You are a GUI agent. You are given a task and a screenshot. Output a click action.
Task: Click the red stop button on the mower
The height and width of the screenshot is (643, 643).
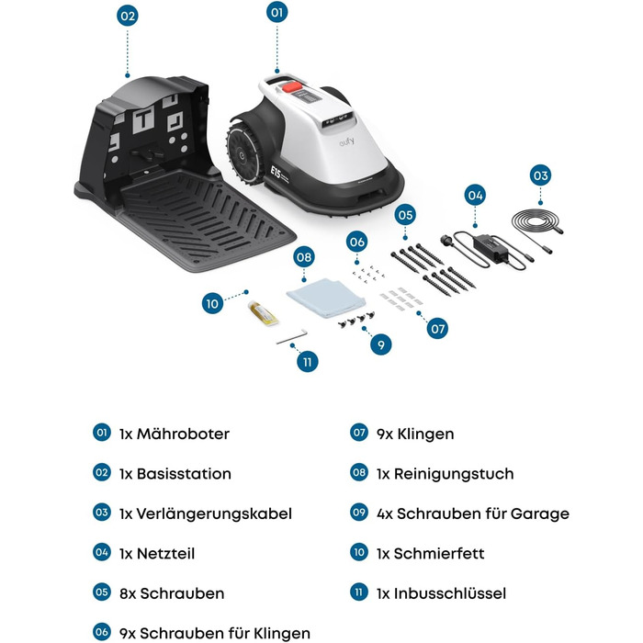pos(291,86)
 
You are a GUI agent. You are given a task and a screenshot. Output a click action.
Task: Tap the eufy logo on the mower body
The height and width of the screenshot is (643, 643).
pos(346,141)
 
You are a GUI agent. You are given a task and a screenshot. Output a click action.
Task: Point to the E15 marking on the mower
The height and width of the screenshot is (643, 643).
pos(276,173)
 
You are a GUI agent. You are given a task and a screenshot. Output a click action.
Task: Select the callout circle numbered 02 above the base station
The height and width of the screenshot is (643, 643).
pos(127,16)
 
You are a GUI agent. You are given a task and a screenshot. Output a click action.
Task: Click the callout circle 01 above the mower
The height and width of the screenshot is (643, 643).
pos(276,12)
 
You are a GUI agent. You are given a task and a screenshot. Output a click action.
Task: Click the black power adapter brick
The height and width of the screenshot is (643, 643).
pos(490,247)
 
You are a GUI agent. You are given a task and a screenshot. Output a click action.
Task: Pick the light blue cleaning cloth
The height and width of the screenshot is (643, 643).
pos(325,298)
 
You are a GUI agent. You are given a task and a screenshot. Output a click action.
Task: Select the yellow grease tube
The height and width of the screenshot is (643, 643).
pos(263,313)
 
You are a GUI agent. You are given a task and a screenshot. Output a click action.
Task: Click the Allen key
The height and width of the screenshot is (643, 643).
pos(291,337)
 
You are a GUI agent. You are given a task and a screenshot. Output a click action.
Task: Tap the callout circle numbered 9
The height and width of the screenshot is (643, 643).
pos(380,344)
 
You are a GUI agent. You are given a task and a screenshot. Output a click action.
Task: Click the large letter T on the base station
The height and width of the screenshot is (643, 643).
pos(143,118)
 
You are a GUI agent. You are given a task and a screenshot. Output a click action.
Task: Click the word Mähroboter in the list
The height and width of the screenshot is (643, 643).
pos(183,434)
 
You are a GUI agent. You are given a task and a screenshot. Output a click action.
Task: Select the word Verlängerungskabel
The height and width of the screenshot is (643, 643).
pos(214,513)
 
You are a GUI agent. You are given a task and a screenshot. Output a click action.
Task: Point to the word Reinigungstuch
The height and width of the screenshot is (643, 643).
pos(454,474)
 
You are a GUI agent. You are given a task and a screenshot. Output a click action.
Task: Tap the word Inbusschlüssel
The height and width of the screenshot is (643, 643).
pos(450,593)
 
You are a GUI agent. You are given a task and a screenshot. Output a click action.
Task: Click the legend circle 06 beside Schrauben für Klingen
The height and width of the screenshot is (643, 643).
pos(102,632)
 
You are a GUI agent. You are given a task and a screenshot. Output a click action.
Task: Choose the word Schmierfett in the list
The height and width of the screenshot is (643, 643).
pos(439,554)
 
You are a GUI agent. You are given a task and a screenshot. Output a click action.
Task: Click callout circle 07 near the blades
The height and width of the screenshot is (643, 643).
pos(437,329)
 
